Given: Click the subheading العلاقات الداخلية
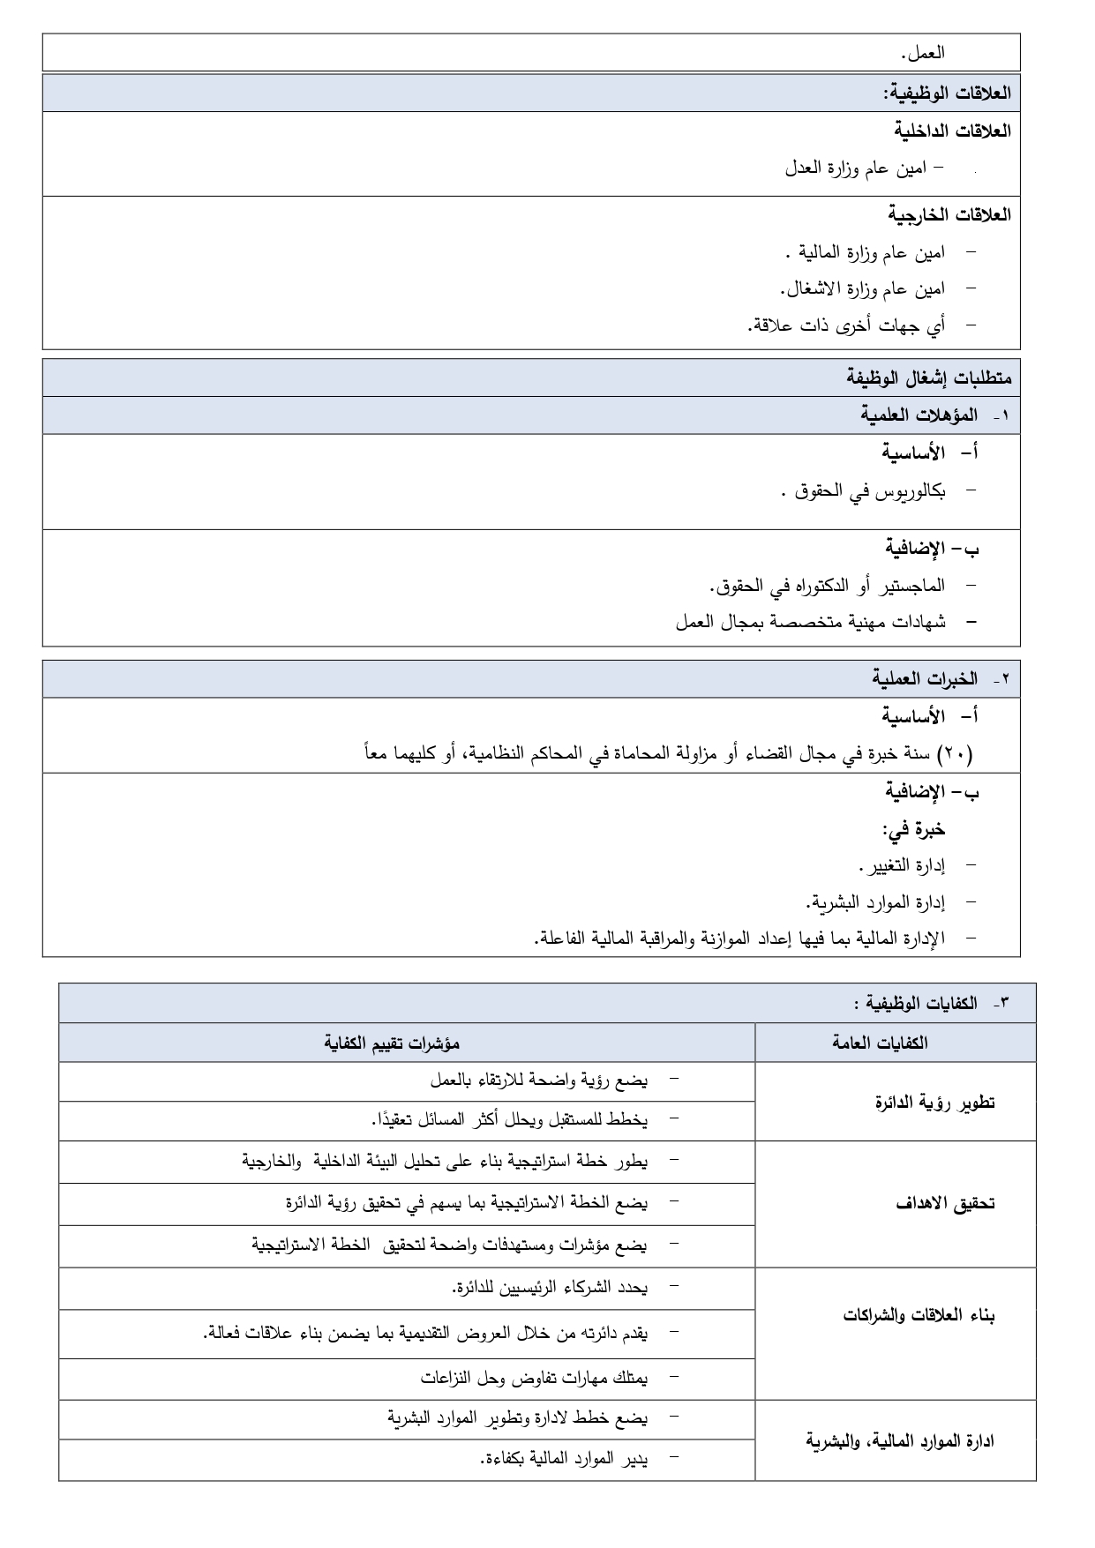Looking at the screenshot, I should (x=952, y=131).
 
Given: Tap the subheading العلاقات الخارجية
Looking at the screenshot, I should (x=949, y=214).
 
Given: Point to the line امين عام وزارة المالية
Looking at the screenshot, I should (x=870, y=253).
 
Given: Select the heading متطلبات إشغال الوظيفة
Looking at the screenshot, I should (x=929, y=378).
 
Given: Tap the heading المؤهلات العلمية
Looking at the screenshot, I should (x=919, y=415).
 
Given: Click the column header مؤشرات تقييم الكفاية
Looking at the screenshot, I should (x=392, y=1043).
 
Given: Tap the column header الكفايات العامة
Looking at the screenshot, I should (x=880, y=1043).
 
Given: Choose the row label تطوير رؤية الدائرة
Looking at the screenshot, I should (x=934, y=1103).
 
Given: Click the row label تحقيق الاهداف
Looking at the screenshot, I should (x=945, y=1204).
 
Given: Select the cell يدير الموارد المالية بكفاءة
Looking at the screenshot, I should (x=563, y=1459).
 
